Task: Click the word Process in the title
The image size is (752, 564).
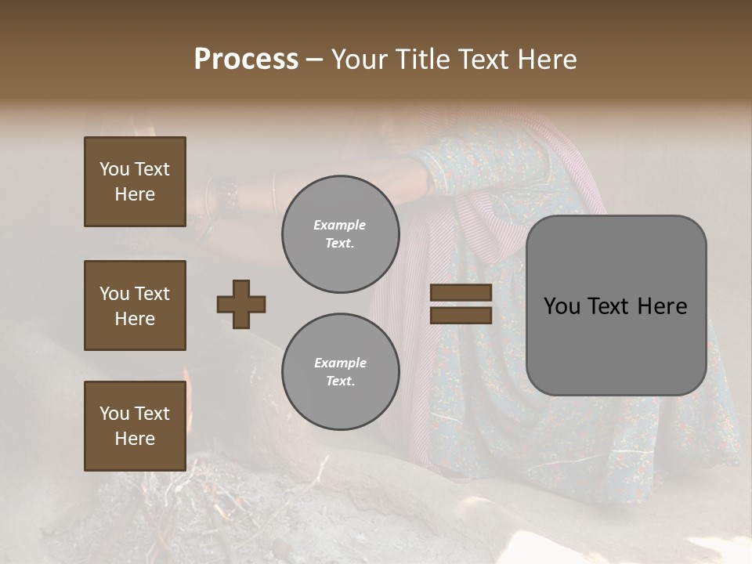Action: coord(246,60)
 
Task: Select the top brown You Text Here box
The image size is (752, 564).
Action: coord(135,182)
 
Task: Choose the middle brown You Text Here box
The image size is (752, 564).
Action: coord(135,305)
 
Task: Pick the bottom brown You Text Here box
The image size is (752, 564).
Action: coord(135,426)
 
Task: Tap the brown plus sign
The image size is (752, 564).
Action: coord(241,304)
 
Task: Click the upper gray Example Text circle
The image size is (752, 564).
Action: coord(340,234)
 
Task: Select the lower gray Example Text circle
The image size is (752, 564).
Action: coord(340,372)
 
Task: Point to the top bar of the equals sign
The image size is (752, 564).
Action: coord(461,293)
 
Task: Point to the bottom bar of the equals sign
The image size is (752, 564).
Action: coord(461,315)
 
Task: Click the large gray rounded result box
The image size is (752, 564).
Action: coord(616,305)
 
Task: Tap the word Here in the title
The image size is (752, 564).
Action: coord(547,60)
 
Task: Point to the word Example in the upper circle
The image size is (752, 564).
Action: coord(340,225)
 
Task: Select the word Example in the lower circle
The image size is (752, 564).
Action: coord(340,363)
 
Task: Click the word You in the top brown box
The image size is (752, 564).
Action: coord(114,169)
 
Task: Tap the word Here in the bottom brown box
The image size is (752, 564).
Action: coord(135,439)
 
